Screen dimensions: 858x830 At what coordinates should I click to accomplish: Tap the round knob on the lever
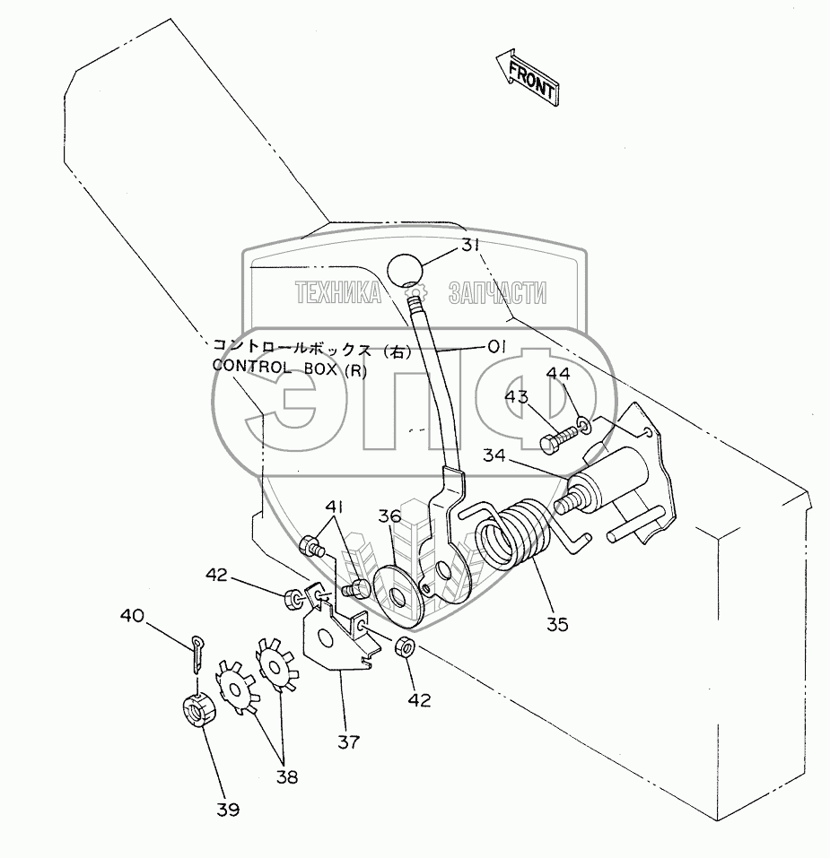407,270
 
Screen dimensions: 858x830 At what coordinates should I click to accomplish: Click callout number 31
473,246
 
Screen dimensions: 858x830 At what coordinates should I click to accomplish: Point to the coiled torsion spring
514,538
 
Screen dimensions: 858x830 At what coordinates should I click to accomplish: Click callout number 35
556,624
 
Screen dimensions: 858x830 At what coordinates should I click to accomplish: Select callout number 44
557,373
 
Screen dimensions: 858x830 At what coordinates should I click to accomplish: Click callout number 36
389,516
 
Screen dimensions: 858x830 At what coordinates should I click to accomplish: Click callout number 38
287,776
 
